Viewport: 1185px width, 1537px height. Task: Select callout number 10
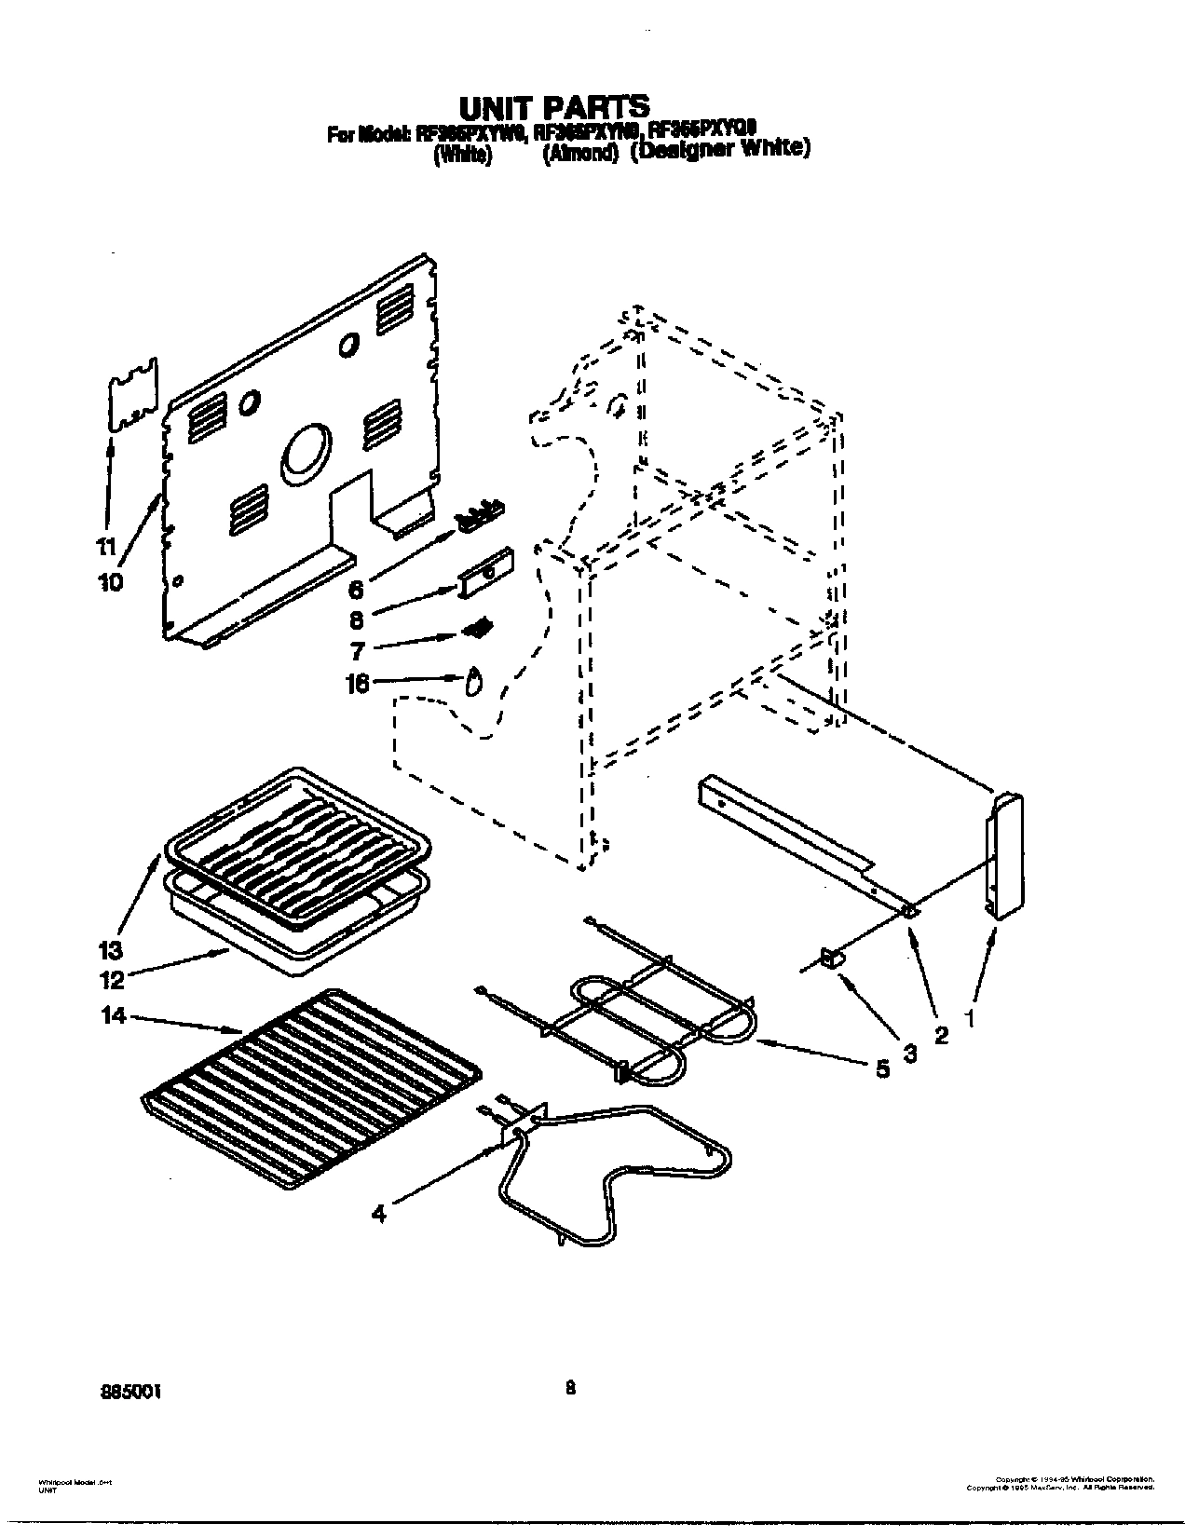click(109, 581)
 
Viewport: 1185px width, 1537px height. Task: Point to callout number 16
click(358, 684)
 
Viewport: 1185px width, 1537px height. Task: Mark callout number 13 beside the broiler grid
click(111, 950)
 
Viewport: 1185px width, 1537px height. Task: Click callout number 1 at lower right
click(970, 1021)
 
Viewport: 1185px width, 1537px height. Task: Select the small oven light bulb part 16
click(474, 682)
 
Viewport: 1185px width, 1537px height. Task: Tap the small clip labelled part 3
click(832, 957)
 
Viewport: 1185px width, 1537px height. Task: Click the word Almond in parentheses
click(581, 155)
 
